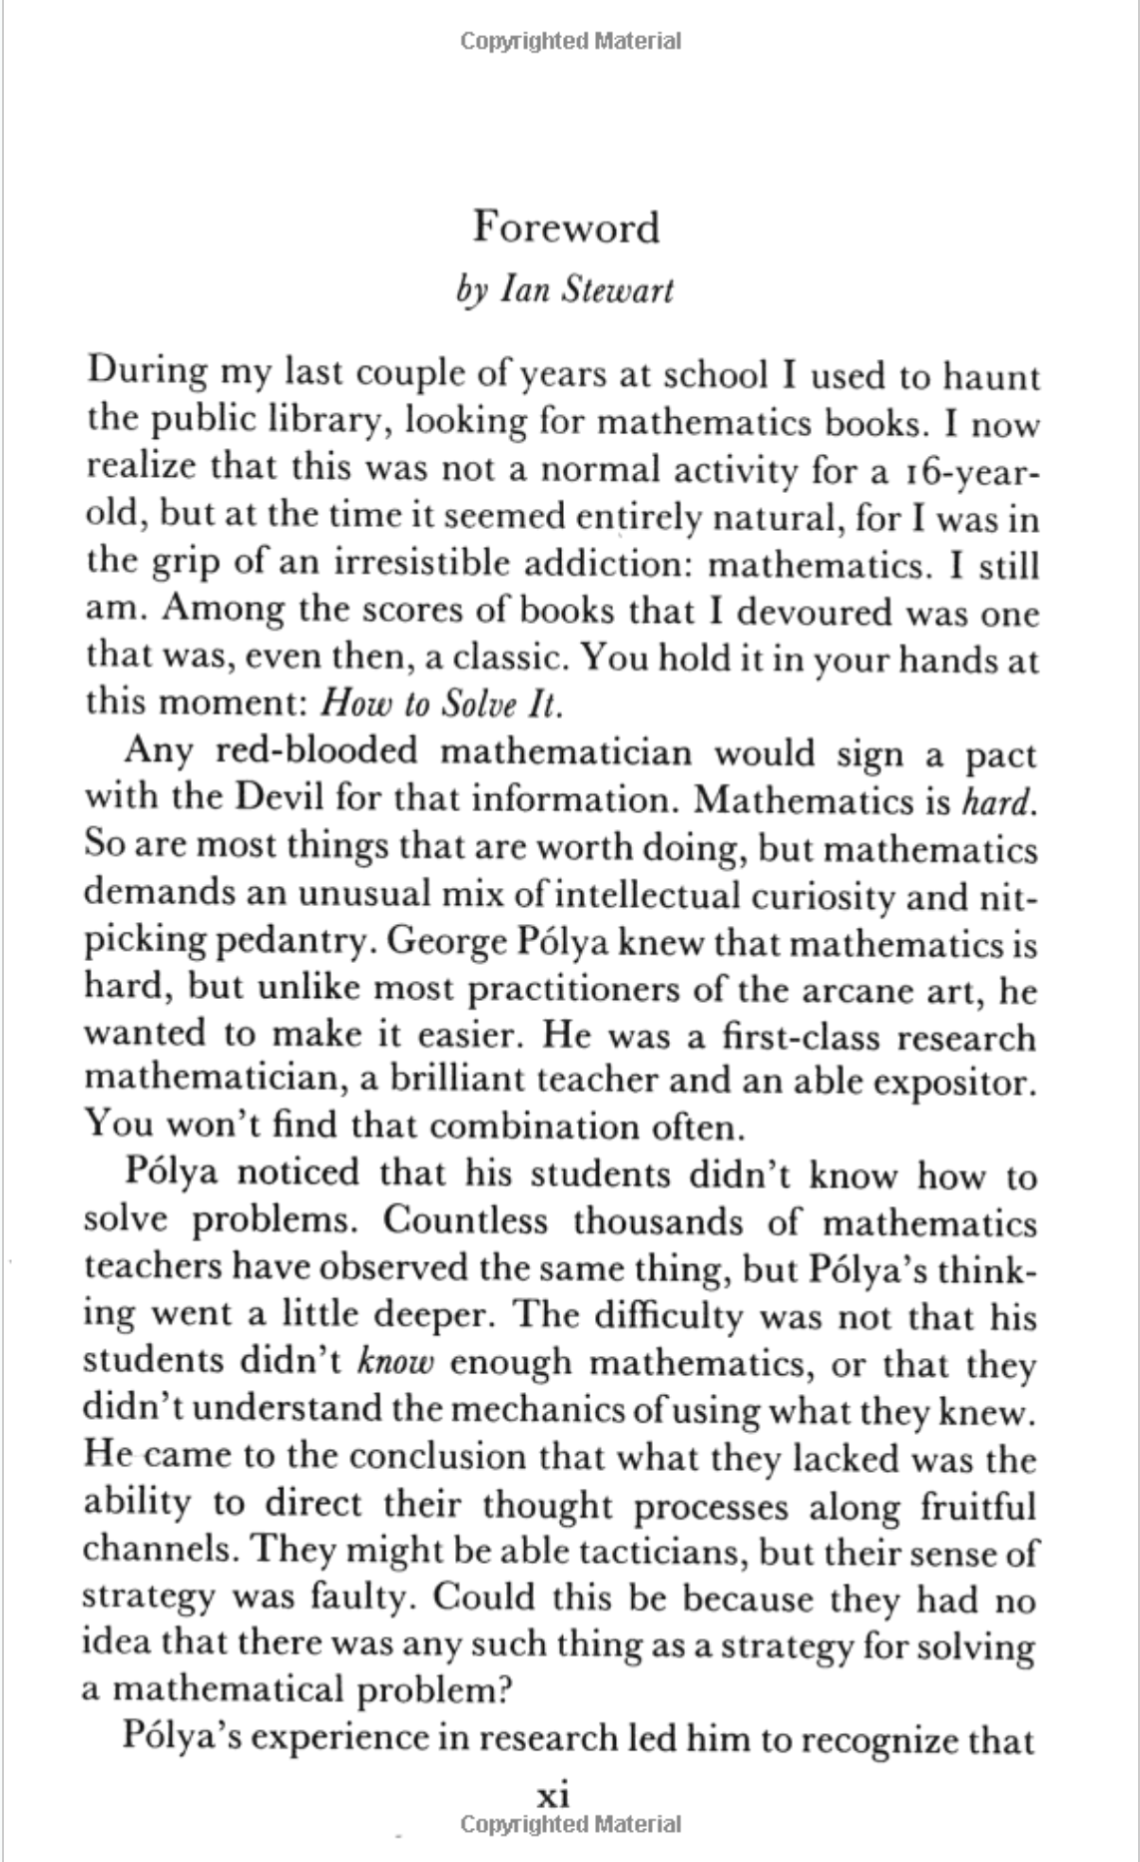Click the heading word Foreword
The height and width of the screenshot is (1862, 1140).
tap(566, 228)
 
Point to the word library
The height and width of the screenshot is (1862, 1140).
tap(335, 423)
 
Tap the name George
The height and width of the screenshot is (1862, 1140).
tap(437, 941)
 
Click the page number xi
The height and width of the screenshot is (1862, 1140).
tap(554, 1796)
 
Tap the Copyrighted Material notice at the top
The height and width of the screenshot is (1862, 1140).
tap(571, 41)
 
